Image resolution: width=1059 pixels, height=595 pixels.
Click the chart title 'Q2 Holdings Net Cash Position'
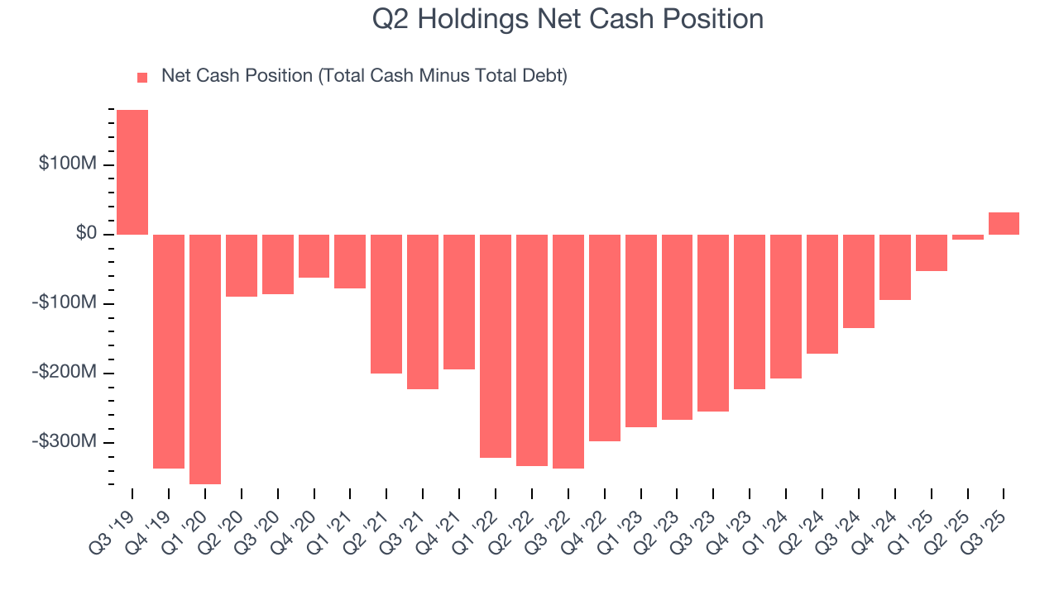click(568, 18)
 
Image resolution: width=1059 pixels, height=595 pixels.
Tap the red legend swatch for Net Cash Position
click(142, 77)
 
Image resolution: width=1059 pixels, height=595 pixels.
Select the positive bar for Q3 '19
click(132, 172)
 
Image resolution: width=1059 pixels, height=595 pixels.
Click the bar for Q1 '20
click(205, 359)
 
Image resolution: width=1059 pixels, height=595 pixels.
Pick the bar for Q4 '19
click(169, 351)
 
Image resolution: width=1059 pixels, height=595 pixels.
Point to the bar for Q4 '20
click(314, 256)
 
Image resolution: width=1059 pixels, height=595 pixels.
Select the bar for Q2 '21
click(386, 303)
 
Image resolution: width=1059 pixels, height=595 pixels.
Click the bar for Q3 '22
click(568, 351)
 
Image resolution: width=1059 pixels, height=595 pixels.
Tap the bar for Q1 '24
click(785, 306)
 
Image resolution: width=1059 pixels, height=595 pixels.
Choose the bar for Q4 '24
click(894, 267)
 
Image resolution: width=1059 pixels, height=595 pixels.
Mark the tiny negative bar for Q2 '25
click(967, 237)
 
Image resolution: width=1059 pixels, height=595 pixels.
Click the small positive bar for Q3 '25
click(1004, 224)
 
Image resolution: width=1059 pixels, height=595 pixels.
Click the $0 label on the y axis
click(85, 234)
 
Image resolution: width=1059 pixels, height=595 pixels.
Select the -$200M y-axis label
click(65, 373)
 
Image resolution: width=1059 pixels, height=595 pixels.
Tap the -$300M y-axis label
click(65, 442)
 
